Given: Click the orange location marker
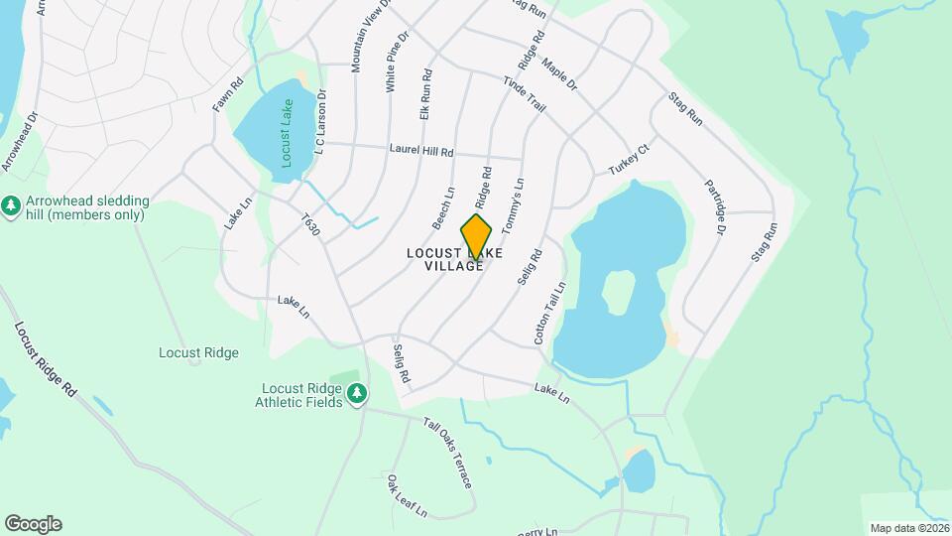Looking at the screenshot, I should click(x=476, y=237).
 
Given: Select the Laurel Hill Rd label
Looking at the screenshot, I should click(x=420, y=152).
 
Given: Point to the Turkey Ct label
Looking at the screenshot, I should click(x=628, y=160).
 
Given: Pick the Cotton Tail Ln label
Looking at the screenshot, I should click(x=549, y=313).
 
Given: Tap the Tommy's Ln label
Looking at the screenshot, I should click(x=513, y=206).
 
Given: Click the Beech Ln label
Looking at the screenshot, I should click(x=443, y=206).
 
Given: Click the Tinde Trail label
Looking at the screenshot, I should click(x=525, y=93).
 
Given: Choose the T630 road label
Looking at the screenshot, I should click(x=312, y=226).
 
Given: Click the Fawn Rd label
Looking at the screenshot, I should click(x=227, y=96).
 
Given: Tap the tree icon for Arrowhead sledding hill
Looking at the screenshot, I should click(x=11, y=204).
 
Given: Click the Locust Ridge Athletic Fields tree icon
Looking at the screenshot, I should click(x=357, y=395).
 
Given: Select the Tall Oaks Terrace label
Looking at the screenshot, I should click(x=448, y=453).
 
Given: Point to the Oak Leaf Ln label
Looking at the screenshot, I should click(x=407, y=495).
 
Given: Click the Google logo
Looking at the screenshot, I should click(x=33, y=524).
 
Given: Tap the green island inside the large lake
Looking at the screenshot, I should click(x=619, y=290).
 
